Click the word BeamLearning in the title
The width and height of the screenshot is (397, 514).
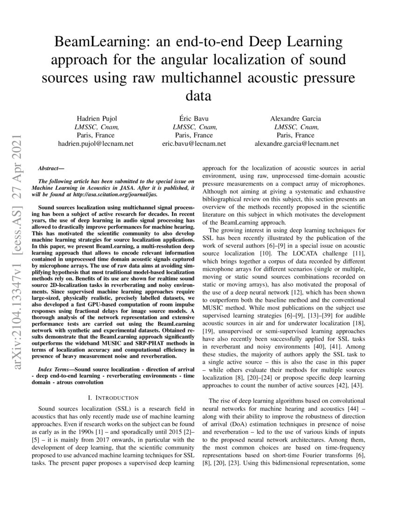coord(95,43)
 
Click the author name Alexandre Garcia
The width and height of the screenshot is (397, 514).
coord(296,119)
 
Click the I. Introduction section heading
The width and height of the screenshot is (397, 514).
coord(113,397)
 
